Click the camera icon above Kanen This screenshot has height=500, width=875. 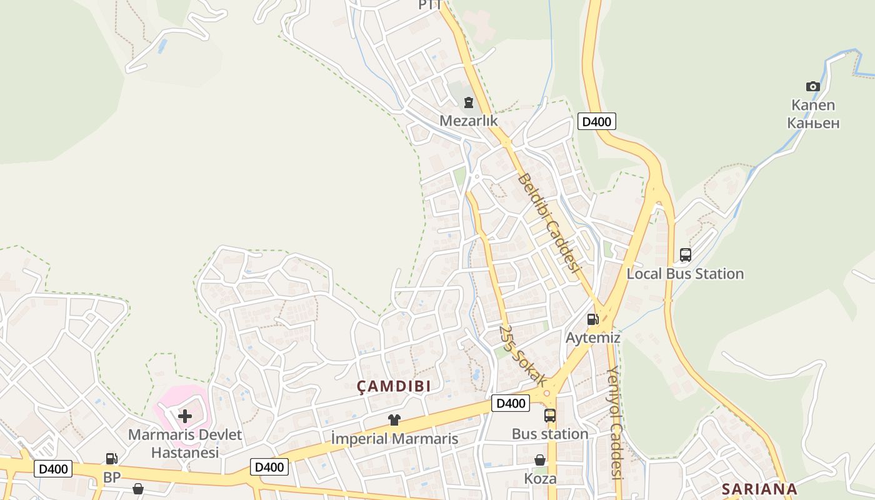tap(812, 86)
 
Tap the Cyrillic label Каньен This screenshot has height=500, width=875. tap(813, 122)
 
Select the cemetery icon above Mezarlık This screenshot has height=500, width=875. tap(468, 102)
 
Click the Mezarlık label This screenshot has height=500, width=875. tap(468, 120)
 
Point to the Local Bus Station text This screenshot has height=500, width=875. tap(685, 274)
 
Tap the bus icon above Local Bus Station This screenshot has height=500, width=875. tap(685, 255)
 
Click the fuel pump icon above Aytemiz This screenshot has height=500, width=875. tap(592, 319)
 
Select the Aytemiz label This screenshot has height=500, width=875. tap(592, 338)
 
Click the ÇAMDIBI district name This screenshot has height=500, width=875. tap(394, 386)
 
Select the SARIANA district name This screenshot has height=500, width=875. tap(759, 489)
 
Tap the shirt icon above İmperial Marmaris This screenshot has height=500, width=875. tap(394, 420)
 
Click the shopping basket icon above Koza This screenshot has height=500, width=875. tap(540, 460)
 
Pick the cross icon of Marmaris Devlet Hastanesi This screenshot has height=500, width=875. tap(185, 416)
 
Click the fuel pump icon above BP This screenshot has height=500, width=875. tap(111, 459)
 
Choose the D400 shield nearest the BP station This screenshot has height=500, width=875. tap(53, 469)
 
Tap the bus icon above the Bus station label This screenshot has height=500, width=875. tap(550, 415)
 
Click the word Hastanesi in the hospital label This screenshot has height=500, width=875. tap(184, 452)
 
